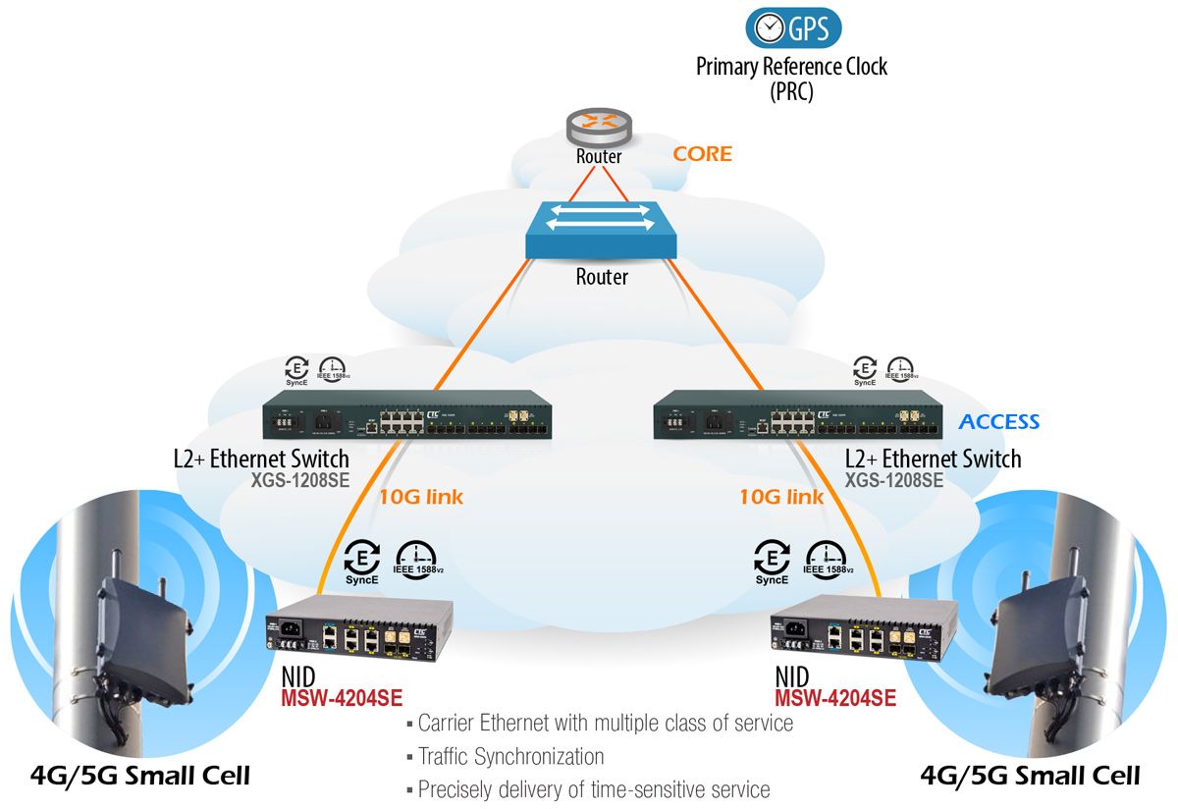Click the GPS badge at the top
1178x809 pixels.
(793, 28)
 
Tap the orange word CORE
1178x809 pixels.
(702, 154)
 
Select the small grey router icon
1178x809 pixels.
(599, 127)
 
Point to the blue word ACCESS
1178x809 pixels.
(998, 422)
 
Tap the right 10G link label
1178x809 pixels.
(781, 497)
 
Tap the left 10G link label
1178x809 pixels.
(421, 497)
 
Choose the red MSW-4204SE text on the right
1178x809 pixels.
(834, 698)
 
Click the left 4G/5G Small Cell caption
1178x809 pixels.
(140, 776)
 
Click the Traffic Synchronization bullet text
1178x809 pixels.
(510, 756)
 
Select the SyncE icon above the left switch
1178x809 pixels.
(295, 369)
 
